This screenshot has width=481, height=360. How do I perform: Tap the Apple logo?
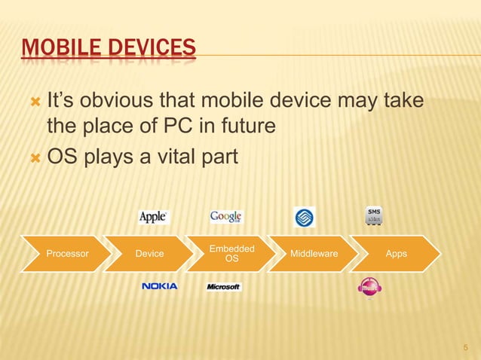coord(154,217)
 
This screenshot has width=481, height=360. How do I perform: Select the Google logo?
coord(225,217)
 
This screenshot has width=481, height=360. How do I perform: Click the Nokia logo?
coord(159,286)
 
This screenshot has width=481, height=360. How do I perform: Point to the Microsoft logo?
coord(224,287)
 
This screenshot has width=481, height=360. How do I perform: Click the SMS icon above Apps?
coord(374,215)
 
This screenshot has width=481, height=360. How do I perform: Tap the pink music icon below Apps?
coord(369,288)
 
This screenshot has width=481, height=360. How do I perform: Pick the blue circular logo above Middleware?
coord(305,217)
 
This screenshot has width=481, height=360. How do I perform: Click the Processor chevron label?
coord(67,254)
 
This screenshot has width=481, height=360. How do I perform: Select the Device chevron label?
coord(149,254)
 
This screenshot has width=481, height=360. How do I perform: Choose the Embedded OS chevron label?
coord(231,254)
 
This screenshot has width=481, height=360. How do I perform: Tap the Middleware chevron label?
coord(314,254)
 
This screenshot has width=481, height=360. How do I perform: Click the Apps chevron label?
coord(396,254)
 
